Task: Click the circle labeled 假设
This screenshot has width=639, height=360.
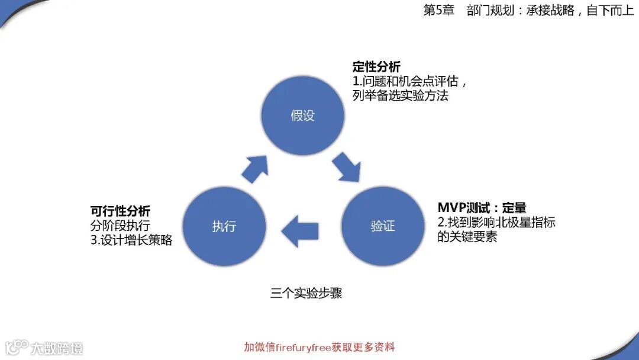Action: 302,115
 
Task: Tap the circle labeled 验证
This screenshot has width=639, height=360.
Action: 382,226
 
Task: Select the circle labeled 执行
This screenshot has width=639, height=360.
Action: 224,226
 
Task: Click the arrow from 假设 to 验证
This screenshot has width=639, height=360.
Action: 346,168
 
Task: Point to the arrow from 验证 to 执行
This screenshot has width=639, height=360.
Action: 301,226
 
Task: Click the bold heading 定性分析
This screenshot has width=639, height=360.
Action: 376,67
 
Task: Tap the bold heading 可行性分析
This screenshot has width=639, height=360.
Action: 120,211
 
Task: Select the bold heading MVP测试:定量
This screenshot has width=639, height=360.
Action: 482,208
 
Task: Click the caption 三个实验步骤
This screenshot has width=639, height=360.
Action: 306,293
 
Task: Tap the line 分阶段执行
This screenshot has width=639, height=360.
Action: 120,226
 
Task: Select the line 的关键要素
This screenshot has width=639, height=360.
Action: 467,237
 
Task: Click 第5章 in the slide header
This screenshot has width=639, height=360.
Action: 438,11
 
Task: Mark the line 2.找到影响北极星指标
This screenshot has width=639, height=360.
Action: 496,223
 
